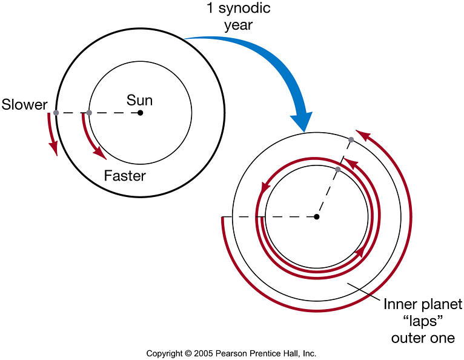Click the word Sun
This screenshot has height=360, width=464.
140,99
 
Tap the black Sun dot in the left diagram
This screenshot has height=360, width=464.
140,113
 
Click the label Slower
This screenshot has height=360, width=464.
24,104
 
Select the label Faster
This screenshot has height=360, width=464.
125,176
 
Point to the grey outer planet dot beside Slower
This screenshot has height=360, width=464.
56,113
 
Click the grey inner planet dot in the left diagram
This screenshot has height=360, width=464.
89,113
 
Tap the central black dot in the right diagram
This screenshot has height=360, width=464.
316,216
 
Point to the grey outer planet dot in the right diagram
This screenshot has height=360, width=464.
351,141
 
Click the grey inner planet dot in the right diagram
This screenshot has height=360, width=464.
338,169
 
